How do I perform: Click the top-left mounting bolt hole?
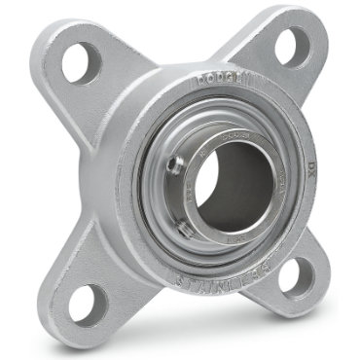(82, 61)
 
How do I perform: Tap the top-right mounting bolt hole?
(292, 47)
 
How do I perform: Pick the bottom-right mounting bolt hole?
(296, 275)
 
